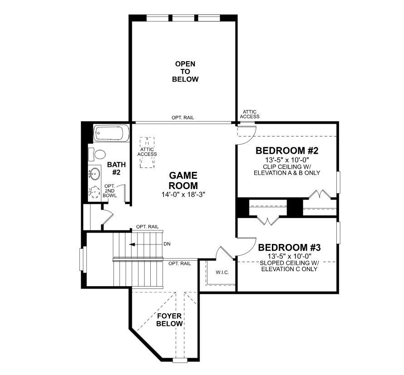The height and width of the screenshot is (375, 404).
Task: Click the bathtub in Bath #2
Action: pos(111,134)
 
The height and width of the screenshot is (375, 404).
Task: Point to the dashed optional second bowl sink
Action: pos(94,192)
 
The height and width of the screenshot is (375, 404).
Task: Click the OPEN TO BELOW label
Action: pos(185,72)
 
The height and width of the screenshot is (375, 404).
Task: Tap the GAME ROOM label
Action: pos(183,180)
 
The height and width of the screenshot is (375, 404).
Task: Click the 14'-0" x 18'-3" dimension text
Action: pos(183,195)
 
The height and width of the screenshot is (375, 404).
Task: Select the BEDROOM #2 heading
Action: pos(287,151)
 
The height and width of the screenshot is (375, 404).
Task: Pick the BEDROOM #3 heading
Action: pos(290,248)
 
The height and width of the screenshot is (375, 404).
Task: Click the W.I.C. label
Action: pos(222,273)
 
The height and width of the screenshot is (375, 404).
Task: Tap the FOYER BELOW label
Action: pos(169,320)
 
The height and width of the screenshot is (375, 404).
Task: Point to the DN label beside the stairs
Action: pos(167,244)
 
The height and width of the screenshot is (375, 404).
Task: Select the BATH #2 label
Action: pos(113,169)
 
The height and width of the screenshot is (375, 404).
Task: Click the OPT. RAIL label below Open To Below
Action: pos(182,117)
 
